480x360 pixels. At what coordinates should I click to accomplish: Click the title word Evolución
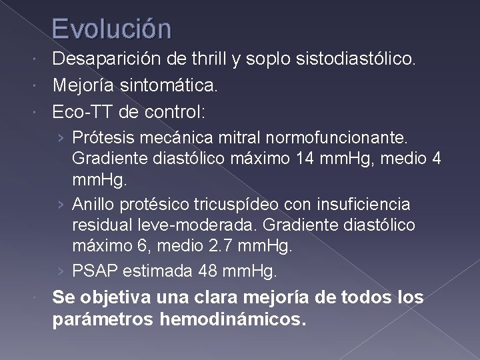111,29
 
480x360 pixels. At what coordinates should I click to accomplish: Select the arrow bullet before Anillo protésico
61,203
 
